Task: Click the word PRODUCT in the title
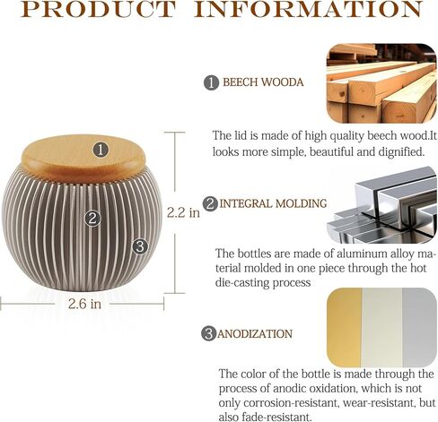click(x=98, y=9)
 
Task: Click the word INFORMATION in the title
click(x=308, y=9)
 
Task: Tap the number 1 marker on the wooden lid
click(x=101, y=150)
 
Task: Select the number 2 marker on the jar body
click(x=92, y=219)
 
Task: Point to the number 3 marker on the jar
click(x=140, y=246)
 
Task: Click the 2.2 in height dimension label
click(x=183, y=212)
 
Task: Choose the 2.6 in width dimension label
click(x=84, y=304)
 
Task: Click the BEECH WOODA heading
click(x=263, y=82)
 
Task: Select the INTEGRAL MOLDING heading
click(x=273, y=203)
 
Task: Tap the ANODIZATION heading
click(x=255, y=333)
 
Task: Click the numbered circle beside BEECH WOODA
click(x=212, y=82)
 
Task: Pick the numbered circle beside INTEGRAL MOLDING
click(x=210, y=204)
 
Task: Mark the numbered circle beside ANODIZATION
click(x=209, y=333)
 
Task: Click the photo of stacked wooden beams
click(x=381, y=83)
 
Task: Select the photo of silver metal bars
click(x=381, y=205)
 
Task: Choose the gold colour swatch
click(x=344, y=327)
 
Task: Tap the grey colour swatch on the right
click(x=419, y=327)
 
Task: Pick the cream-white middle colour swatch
click(x=382, y=327)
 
